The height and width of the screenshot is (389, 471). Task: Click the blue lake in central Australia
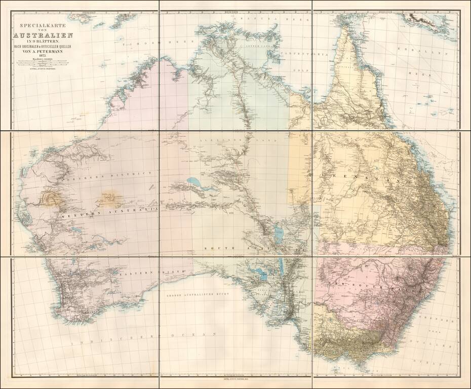[x=195, y=181]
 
